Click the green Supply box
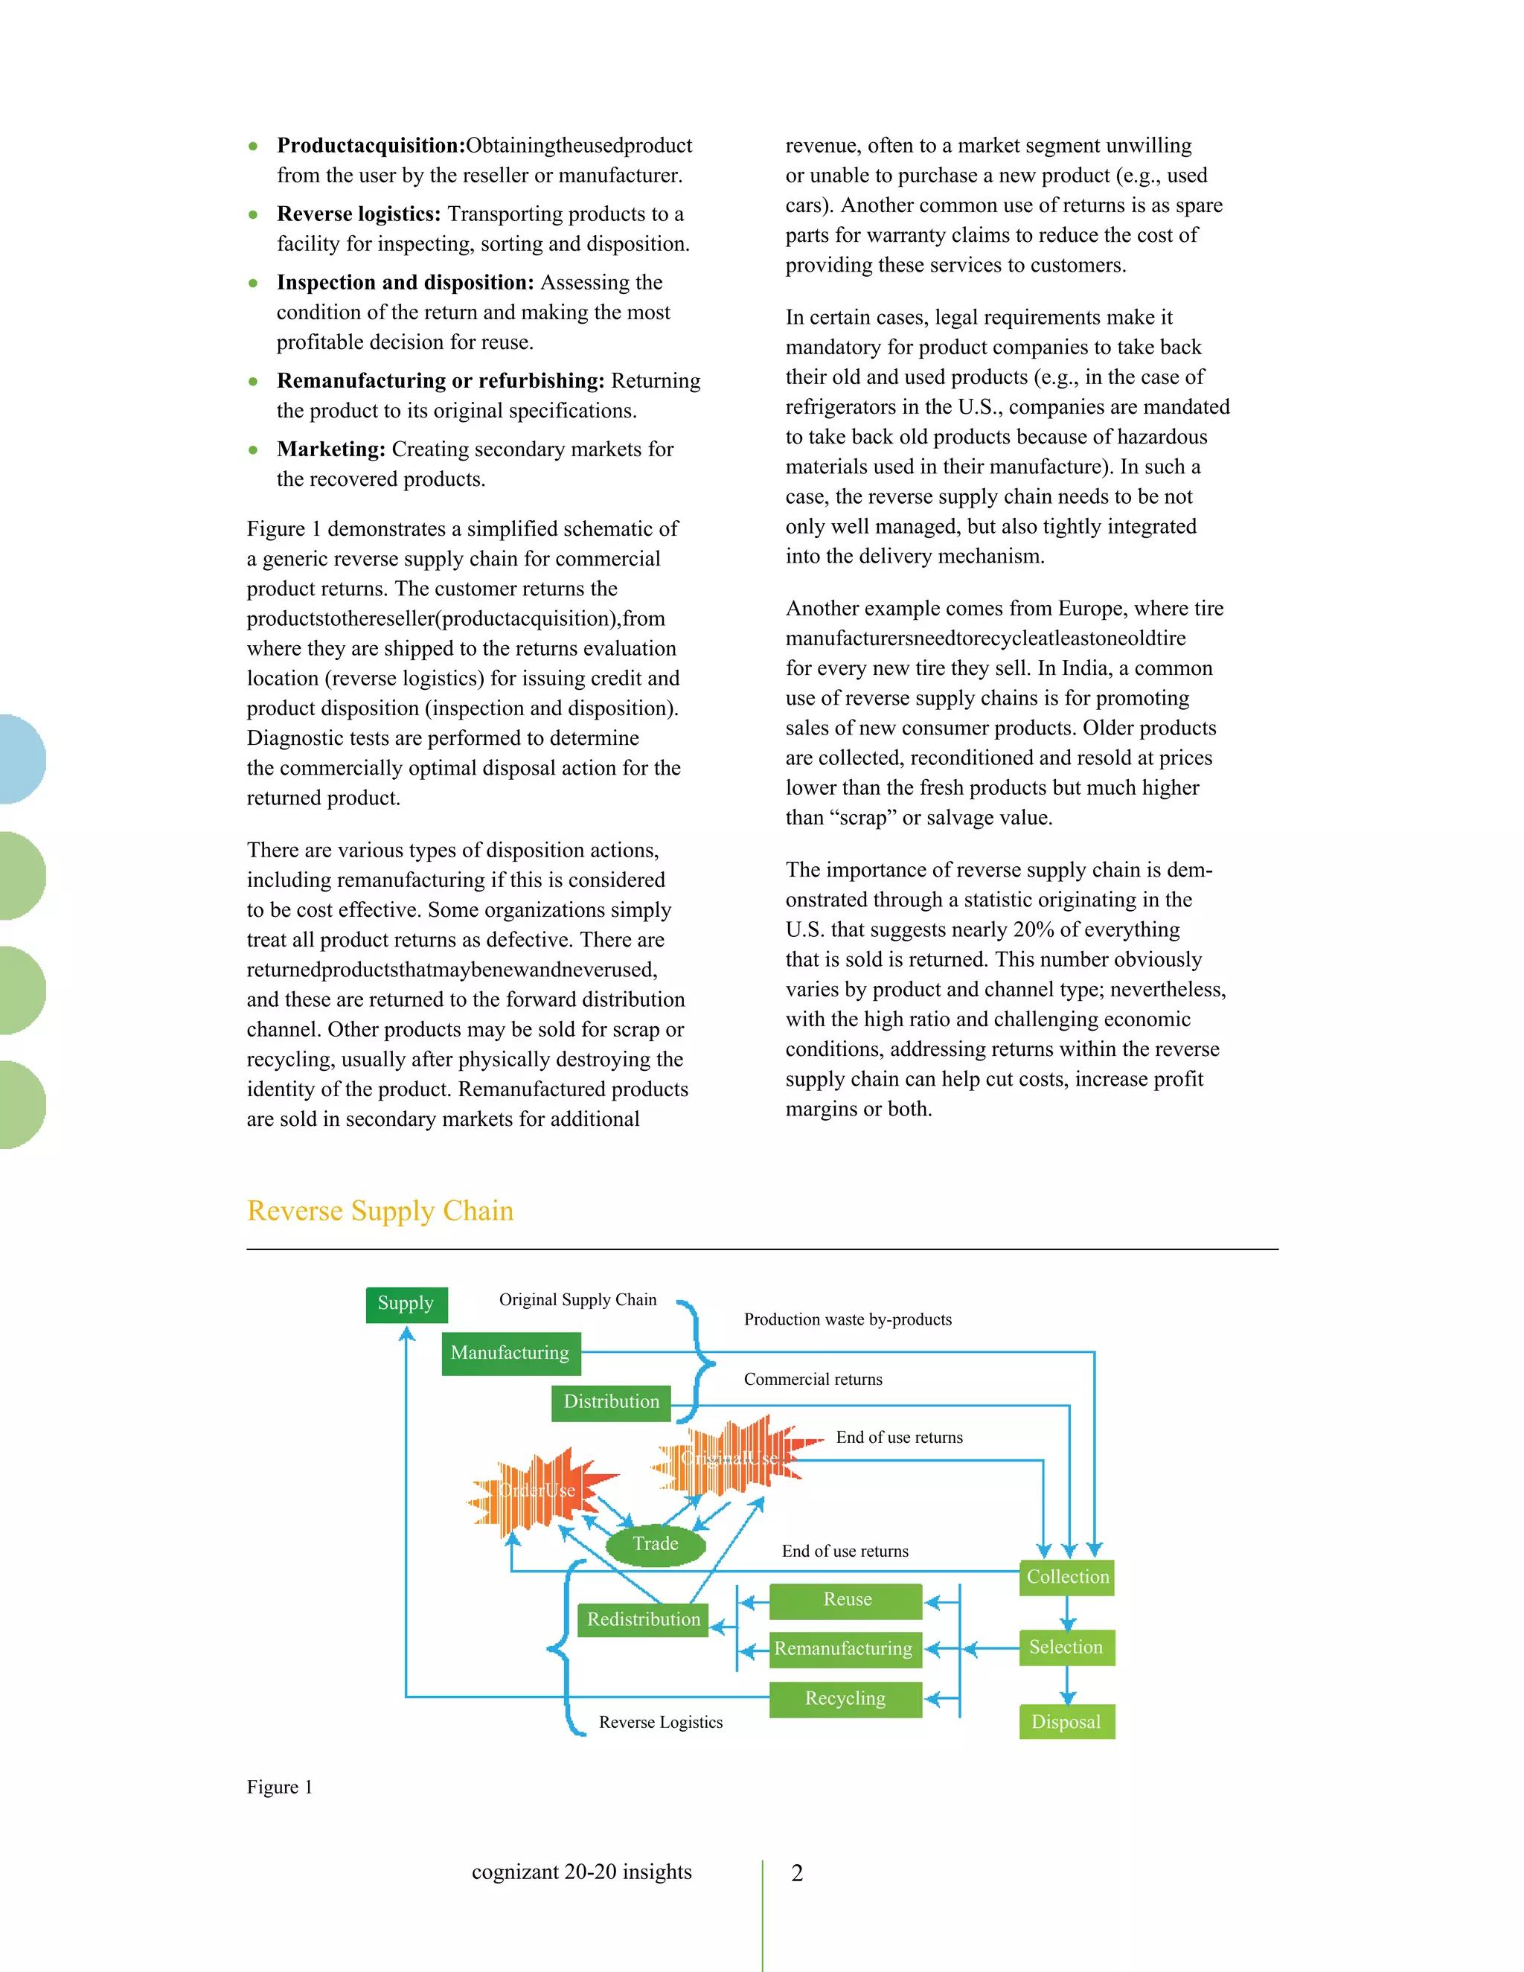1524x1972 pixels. (406, 1304)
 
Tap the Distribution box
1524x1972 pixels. (611, 1402)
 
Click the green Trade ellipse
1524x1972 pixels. (656, 1544)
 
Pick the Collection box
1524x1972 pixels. (1066, 1578)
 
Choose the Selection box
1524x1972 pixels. (1066, 1648)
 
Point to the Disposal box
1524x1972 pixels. (1066, 1722)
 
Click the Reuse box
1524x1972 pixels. (846, 1600)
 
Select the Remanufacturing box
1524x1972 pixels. (844, 1649)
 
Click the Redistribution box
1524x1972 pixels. (643, 1620)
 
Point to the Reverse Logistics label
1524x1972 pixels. (661, 1723)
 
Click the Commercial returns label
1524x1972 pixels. (813, 1380)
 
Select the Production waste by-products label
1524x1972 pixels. (847, 1320)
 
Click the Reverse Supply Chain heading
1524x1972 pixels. (380, 1211)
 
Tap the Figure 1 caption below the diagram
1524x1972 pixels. (279, 1787)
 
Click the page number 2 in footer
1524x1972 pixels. (796, 1874)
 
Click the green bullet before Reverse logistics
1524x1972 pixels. (254, 215)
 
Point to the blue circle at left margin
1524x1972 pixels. (20, 758)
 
